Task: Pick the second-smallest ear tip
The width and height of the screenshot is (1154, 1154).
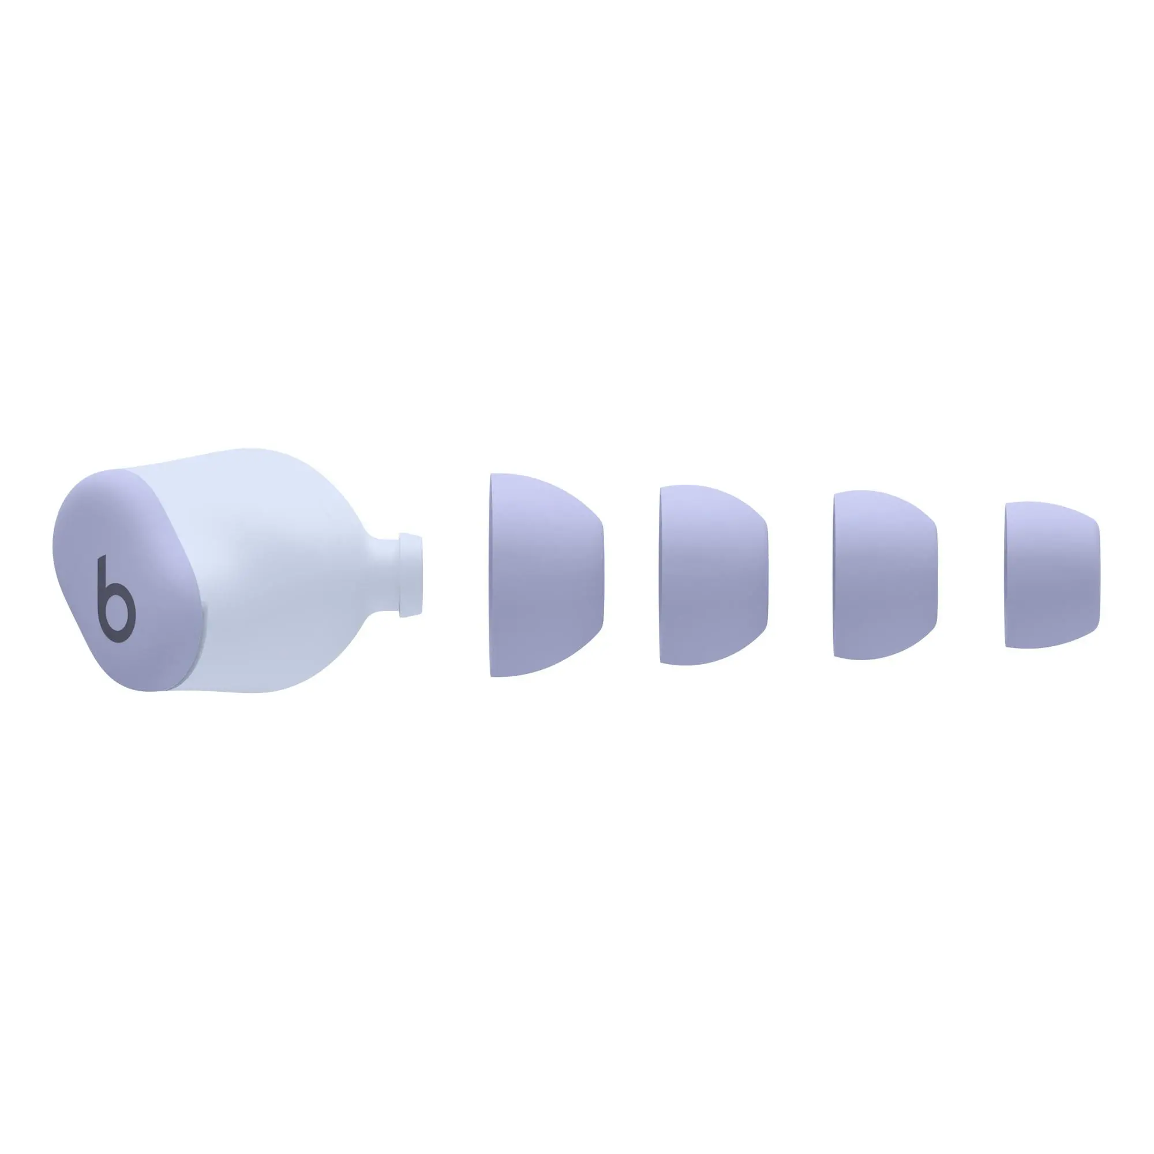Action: [x=884, y=575]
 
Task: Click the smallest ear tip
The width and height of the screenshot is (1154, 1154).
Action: [x=1051, y=575]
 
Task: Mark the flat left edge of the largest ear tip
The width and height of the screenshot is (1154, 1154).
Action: [x=493, y=575]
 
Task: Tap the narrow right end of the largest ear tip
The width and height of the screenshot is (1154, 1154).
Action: [x=600, y=575]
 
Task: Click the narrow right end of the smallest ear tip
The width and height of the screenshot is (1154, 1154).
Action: [x=1096, y=575]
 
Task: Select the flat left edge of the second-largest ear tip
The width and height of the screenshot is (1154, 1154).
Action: [x=662, y=575]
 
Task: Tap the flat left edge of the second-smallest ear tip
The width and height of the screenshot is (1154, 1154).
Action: [x=835, y=575]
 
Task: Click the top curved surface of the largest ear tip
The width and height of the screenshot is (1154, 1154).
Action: [x=538, y=490]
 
